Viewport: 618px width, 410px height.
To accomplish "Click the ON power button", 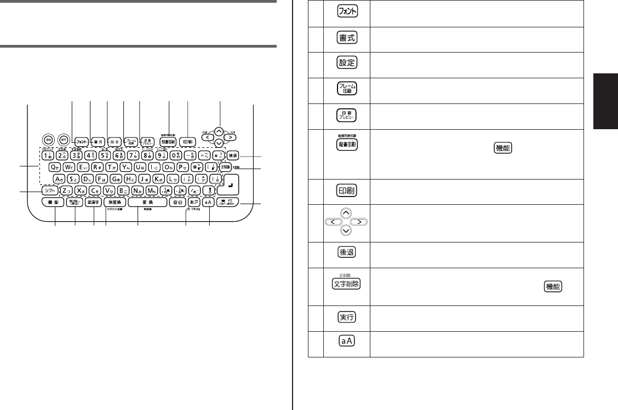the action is pos(48,139).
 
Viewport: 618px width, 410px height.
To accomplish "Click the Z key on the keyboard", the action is pos(66,190).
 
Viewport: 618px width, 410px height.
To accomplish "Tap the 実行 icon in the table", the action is pos(347,317).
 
